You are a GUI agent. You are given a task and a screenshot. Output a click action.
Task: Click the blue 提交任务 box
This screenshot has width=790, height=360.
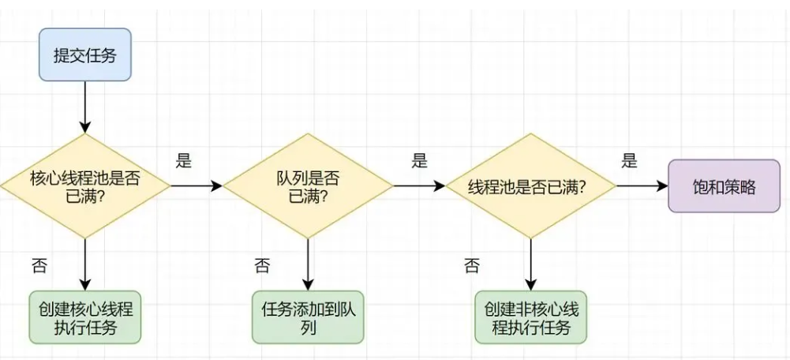(x=85, y=55)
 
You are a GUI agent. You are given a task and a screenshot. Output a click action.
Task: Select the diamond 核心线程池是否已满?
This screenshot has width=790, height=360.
(x=85, y=186)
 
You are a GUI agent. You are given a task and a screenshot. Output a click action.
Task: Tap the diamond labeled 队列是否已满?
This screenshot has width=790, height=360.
(x=308, y=186)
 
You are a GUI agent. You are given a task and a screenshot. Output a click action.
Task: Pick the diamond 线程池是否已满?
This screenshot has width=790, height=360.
(x=530, y=186)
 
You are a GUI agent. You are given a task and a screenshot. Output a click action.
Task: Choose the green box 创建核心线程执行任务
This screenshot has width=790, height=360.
(x=85, y=317)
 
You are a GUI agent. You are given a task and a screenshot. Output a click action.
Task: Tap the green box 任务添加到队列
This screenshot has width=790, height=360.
(x=308, y=317)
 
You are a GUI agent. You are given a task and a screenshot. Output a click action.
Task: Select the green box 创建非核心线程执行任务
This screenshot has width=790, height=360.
(x=530, y=317)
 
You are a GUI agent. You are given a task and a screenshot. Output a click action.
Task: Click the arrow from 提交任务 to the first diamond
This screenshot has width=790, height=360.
(x=85, y=107)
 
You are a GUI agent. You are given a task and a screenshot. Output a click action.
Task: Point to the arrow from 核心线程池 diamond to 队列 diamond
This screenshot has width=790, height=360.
(x=196, y=186)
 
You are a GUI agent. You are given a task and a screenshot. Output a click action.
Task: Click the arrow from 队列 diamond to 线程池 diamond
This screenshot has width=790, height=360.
(x=418, y=186)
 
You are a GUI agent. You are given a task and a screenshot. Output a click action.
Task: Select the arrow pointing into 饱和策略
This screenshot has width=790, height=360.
(x=641, y=186)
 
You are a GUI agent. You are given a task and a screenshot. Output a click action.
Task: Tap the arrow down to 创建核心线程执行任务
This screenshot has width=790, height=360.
(x=85, y=264)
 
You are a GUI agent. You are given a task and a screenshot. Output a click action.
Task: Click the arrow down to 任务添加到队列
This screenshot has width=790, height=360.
(x=308, y=264)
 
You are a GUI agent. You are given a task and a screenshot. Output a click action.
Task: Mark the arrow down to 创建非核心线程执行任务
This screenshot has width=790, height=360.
(x=530, y=264)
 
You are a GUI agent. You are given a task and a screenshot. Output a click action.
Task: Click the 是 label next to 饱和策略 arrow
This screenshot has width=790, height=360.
(x=629, y=162)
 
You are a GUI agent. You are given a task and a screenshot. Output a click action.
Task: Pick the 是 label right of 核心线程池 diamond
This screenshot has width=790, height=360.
(x=183, y=162)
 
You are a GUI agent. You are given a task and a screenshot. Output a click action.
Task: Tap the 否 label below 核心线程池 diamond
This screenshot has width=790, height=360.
(x=38, y=265)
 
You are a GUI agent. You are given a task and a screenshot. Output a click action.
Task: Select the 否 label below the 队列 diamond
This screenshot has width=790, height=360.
(x=261, y=265)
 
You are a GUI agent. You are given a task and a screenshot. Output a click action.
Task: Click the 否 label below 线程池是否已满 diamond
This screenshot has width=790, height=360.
(x=471, y=265)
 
